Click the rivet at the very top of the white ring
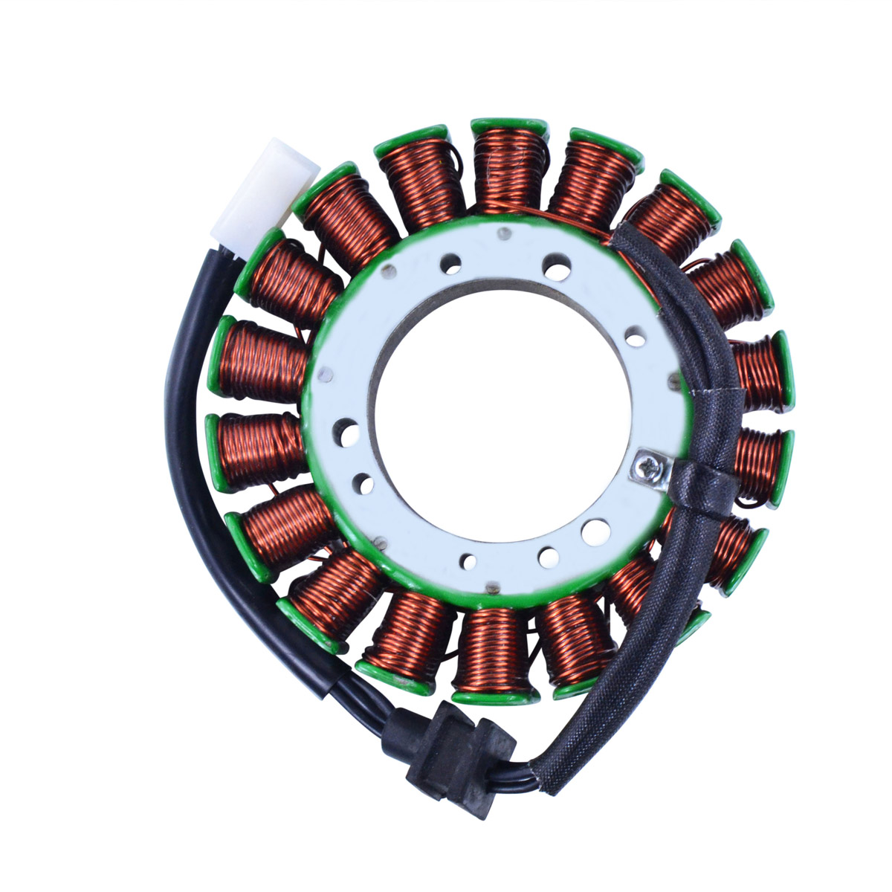(505, 235)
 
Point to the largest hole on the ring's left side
(346, 429)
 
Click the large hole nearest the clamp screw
(595, 531)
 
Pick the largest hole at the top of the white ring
(554, 262)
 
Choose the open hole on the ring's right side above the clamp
(633, 337)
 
